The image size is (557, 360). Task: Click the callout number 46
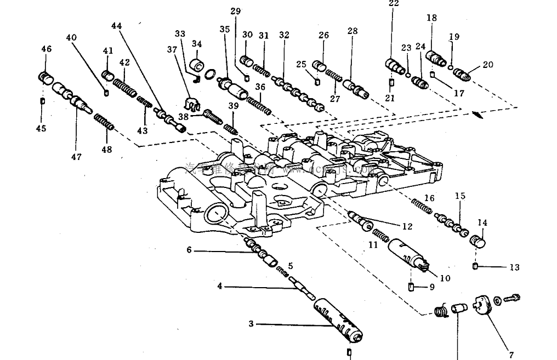(46, 49)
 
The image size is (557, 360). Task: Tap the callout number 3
(251, 324)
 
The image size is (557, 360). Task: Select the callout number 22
(394, 3)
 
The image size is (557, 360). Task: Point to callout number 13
(514, 267)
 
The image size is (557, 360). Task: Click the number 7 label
(512, 354)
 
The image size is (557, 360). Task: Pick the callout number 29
(235, 11)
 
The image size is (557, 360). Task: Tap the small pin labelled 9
(411, 287)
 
